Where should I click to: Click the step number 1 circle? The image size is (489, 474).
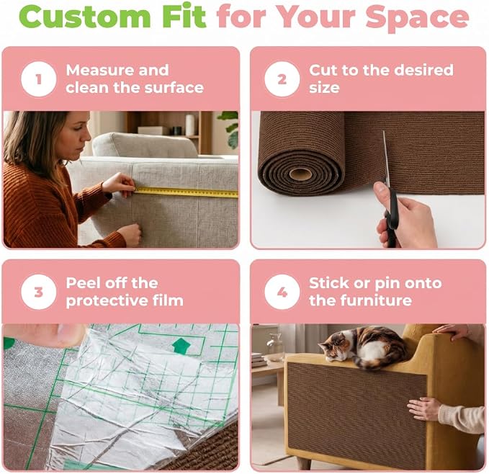39,79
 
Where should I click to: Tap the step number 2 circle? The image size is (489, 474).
282,79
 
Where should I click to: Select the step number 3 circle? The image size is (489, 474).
39,292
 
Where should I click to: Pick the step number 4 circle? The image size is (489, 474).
282,292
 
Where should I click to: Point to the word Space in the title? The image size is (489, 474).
417,18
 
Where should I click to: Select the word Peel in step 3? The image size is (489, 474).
82,283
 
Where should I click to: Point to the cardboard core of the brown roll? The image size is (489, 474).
300,174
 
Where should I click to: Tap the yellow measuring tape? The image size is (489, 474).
187,192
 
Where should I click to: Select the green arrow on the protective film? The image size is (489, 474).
181,346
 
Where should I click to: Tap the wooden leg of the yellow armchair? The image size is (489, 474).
304,464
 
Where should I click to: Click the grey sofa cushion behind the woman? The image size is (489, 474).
144,144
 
